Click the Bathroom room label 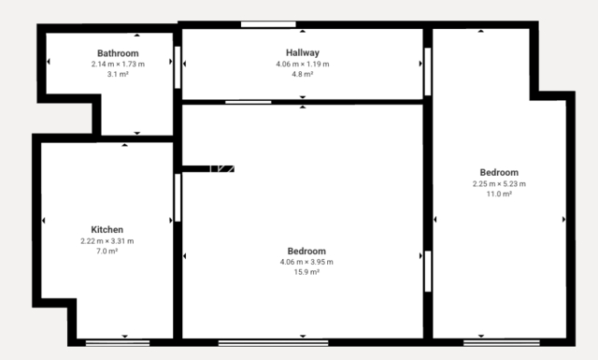tap(118, 53)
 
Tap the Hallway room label tap(303, 52)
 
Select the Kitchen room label tap(107, 230)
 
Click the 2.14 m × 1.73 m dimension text tap(118, 65)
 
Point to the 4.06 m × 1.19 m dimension tap(303, 65)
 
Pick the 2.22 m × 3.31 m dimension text tap(107, 241)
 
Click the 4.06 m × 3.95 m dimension tap(306, 262)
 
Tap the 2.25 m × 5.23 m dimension tap(499, 184)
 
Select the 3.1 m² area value tap(118, 74)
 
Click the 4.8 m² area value tap(303, 74)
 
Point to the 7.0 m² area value tap(107, 252)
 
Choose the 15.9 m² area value tap(306, 272)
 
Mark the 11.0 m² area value tap(499, 194)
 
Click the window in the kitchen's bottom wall tap(118, 343)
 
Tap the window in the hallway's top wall tap(268, 24)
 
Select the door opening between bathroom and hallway tap(178, 67)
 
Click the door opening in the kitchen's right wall tap(178, 197)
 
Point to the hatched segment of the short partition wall tap(222, 168)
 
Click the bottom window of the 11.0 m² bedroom tap(502, 343)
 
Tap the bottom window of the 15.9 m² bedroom tap(273, 343)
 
